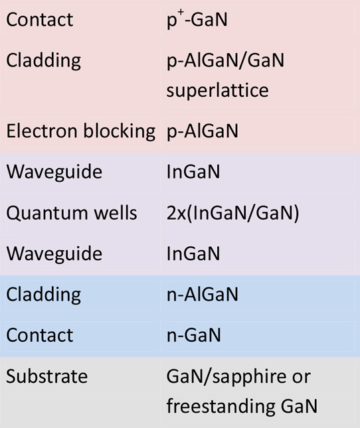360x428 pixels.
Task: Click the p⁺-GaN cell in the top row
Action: [197, 19]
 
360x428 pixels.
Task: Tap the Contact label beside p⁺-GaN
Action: [40, 20]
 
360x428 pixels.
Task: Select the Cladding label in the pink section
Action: [43, 60]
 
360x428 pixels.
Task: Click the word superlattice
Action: [217, 91]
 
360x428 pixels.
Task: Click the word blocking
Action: [120, 131]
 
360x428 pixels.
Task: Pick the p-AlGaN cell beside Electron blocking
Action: [203, 131]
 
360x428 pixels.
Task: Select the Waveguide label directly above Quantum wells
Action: [54, 173]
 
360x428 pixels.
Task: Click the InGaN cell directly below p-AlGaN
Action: [193, 172]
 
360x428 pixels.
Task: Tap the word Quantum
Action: [47, 213]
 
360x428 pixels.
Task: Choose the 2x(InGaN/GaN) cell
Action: [232, 213]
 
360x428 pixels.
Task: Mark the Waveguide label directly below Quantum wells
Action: [54, 254]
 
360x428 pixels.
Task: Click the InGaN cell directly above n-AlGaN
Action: [193, 253]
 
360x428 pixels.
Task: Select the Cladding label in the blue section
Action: [43, 295]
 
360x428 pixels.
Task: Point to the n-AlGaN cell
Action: [203, 295]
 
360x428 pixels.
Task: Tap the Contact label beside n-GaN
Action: [40, 336]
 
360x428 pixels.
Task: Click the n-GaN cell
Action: [194, 336]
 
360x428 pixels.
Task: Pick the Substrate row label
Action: [46, 376]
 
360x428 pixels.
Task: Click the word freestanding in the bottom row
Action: [221, 407]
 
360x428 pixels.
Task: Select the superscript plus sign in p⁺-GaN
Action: [181, 12]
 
